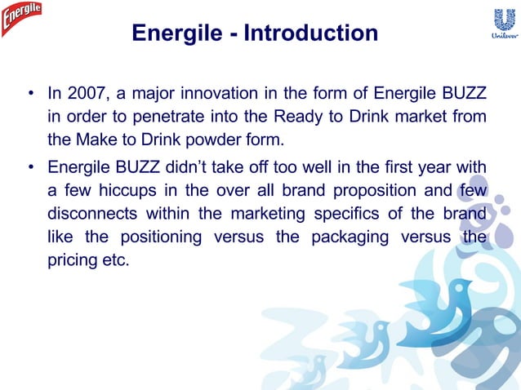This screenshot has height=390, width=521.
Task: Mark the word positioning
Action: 162,238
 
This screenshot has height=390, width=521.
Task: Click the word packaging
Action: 356,238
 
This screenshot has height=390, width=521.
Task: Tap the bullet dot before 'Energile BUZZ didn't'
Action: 30,170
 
